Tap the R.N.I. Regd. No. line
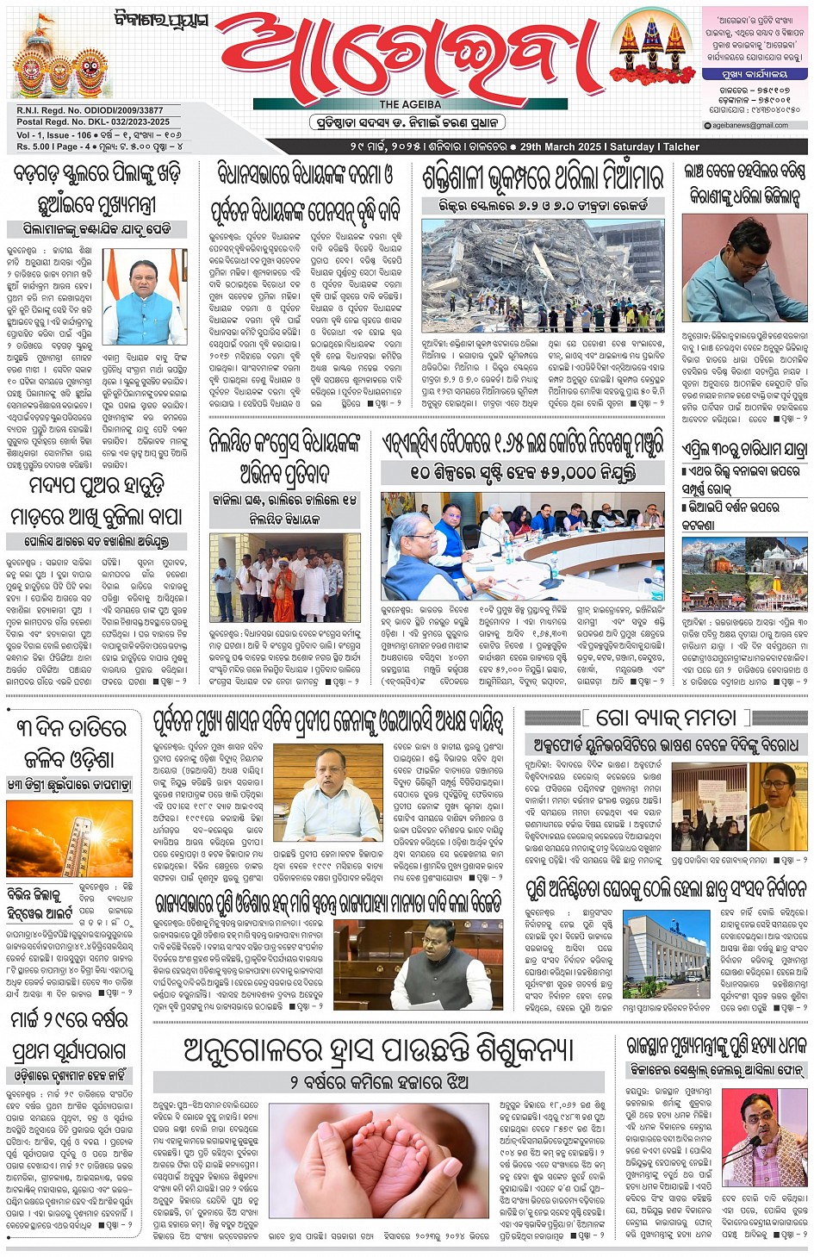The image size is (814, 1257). (x=90, y=110)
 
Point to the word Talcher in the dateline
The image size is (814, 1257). (x=680, y=147)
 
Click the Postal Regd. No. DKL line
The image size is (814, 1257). (x=93, y=122)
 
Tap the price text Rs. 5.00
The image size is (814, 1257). (x=34, y=146)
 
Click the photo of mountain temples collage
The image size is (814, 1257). (x=744, y=573)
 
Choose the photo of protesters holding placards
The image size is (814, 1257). (x=709, y=806)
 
